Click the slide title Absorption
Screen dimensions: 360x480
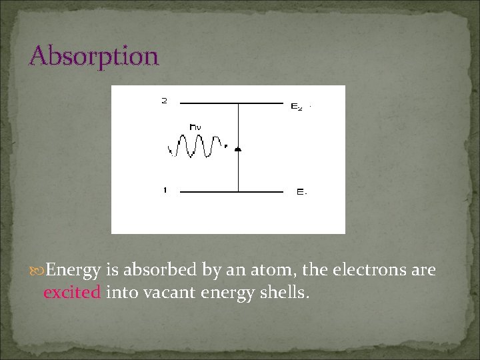93,55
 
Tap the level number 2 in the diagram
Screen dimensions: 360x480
164,101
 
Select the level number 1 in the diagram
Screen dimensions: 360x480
164,191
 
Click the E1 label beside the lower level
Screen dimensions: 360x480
301,193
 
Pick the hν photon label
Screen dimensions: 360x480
196,126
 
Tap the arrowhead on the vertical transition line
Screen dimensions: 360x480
238,149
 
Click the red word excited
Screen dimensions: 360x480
72,292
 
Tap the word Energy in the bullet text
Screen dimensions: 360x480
74,271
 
